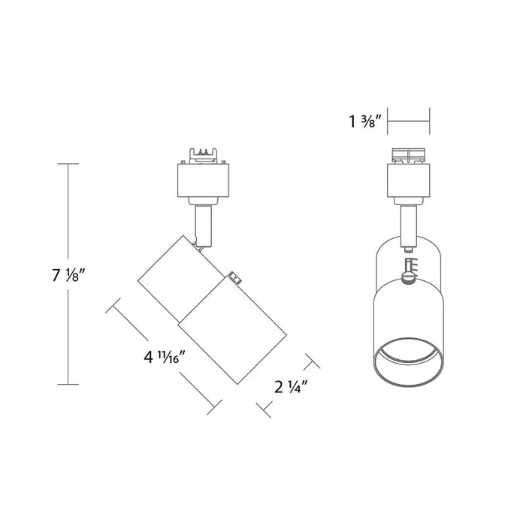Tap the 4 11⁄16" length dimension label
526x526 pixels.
165,357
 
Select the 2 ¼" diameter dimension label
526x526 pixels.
291,387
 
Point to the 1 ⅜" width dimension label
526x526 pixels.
366,122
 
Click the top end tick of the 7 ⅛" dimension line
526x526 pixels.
68,164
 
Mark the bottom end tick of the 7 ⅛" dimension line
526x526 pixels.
68,385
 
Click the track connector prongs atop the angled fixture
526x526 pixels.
203,156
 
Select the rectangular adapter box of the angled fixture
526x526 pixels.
203,180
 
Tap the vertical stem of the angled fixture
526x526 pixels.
204,225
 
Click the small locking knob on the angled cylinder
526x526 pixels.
236,280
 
